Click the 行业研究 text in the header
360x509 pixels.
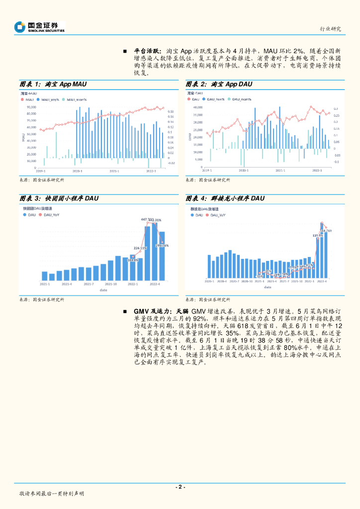330,29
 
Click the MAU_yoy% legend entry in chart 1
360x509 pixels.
49,100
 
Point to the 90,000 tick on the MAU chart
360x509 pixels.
31,107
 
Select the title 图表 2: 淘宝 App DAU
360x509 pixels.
219,84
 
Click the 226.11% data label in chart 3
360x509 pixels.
140,248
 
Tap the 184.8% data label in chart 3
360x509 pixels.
133,259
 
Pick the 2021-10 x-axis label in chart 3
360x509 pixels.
110,284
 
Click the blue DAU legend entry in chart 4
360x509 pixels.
196,215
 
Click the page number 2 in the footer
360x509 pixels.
180,487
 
